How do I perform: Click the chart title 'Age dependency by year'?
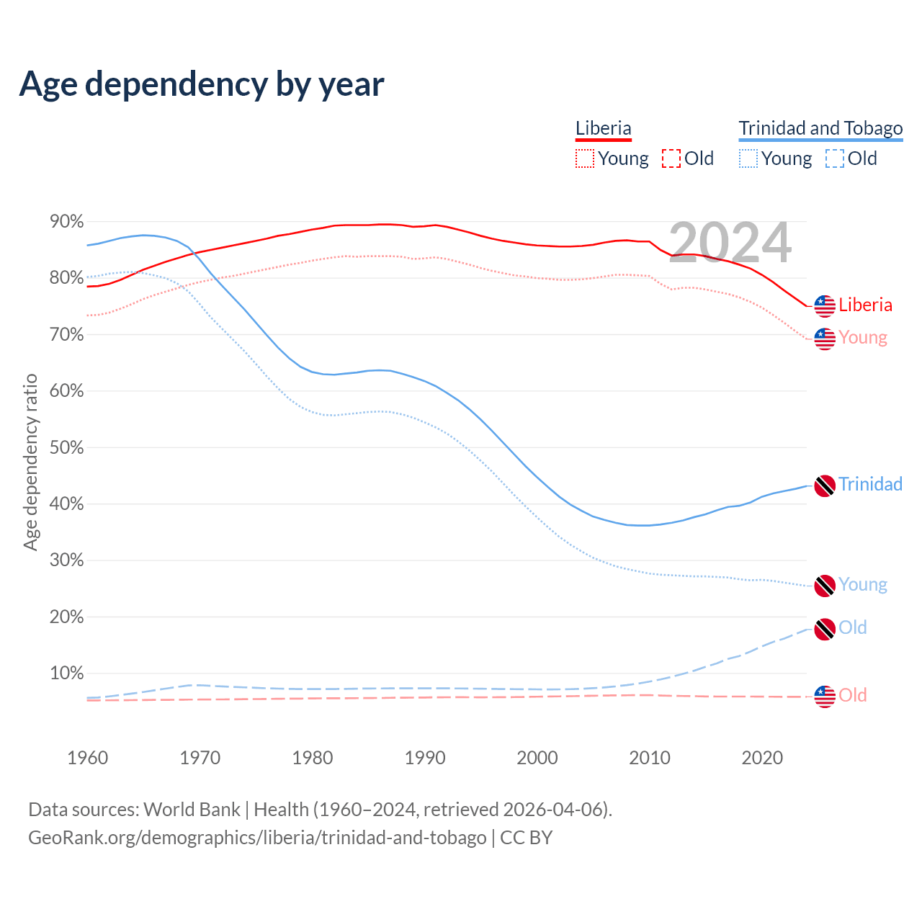tap(202, 84)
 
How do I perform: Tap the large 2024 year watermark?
tap(730, 243)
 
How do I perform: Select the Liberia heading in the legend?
tap(603, 128)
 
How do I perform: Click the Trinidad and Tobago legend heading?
tap(820, 128)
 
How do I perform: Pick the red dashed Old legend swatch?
tap(671, 158)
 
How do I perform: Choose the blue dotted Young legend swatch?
tap(748, 158)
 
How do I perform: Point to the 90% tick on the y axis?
tap(66, 222)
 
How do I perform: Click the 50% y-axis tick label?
tap(66, 447)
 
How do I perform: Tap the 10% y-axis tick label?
tap(66, 673)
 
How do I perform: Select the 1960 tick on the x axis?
tap(87, 758)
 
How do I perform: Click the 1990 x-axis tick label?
tap(425, 758)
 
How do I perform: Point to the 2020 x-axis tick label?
tap(762, 758)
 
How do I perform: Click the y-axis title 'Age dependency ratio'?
tap(30, 462)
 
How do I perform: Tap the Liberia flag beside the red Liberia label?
tap(825, 306)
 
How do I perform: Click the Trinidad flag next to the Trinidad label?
tap(825, 485)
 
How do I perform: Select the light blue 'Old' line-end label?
tap(853, 627)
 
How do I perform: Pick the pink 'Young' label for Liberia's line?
tap(863, 338)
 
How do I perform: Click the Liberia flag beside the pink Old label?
tap(825, 697)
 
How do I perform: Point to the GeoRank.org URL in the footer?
tap(257, 838)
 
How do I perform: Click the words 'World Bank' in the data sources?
tap(192, 810)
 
